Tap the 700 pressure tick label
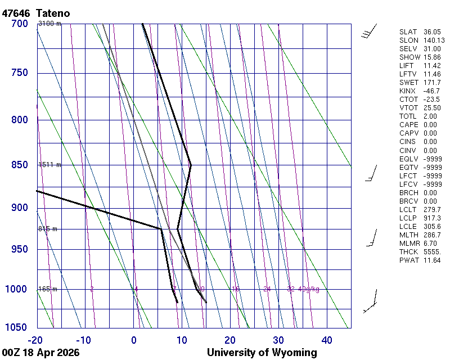(19, 24)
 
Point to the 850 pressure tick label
(19, 165)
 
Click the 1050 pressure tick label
(16, 328)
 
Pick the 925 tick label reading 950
(19, 249)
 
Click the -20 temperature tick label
(35, 340)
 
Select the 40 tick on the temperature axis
(327, 340)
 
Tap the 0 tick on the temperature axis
(134, 340)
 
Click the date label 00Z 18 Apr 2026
(40, 353)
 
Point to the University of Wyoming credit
(262, 353)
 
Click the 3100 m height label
(49, 24)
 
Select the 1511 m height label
(49, 165)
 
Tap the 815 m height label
(48, 229)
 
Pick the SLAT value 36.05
(433, 32)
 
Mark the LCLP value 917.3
(433, 218)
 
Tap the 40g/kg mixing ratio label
(309, 289)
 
